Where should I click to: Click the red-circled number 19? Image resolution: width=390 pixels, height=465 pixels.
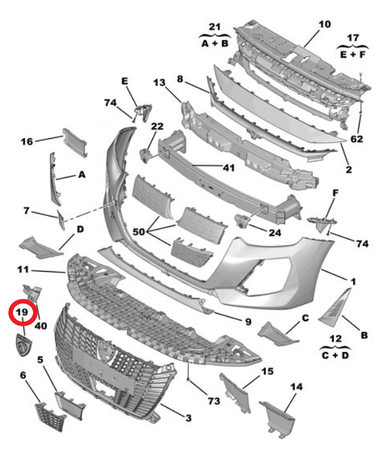22,313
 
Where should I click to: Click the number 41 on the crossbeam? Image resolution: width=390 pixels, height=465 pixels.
228,167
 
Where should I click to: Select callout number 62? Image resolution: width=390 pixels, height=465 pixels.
357,139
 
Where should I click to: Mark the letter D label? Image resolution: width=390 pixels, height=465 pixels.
80,229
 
